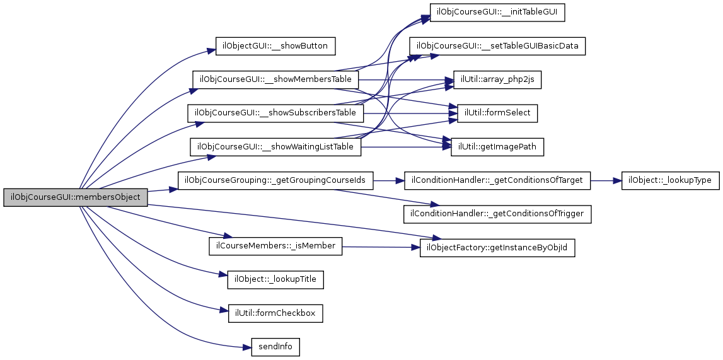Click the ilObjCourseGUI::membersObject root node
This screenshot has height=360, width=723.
76,197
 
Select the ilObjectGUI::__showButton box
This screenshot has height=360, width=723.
275,46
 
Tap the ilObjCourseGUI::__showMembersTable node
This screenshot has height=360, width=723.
275,79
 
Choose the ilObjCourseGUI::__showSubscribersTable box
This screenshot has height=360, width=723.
275,113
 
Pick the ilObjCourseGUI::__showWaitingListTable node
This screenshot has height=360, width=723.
275,147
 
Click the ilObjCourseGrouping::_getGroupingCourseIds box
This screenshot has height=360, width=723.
275,180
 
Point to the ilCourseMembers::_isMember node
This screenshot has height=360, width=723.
275,245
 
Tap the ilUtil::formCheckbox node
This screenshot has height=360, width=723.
275,313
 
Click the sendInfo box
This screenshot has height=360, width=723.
275,347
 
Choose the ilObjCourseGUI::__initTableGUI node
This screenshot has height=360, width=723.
497,13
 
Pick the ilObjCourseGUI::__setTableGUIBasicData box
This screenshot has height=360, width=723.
497,46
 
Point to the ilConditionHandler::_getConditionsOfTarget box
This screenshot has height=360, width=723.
497,180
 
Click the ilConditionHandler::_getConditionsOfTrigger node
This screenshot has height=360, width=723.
497,214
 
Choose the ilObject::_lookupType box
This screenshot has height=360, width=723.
670,180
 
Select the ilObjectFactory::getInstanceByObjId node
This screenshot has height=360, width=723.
497,248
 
